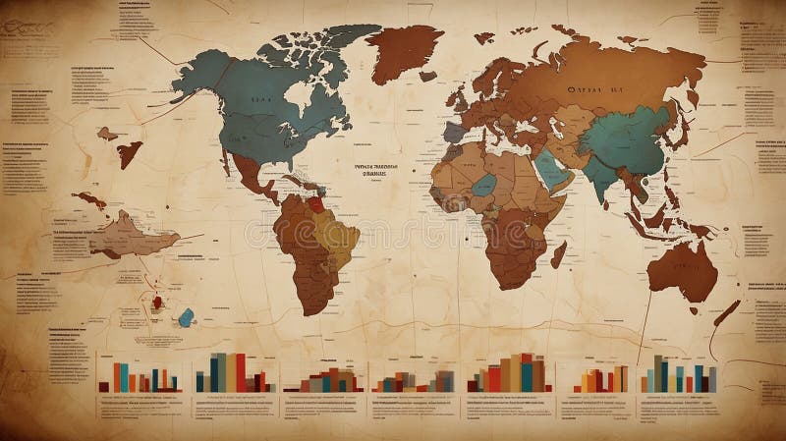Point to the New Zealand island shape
725,314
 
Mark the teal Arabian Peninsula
552,172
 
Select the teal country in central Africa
483,184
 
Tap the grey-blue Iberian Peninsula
453,132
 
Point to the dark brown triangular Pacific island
129,151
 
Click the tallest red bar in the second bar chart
241,372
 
